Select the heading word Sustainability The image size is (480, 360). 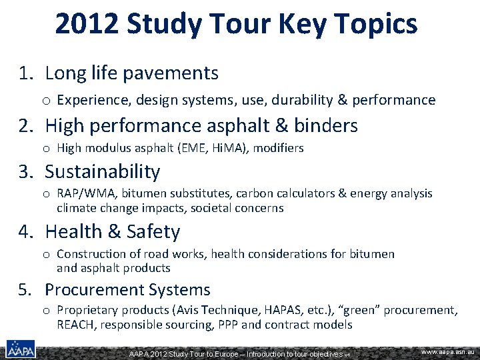[103, 171]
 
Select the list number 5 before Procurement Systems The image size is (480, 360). [23, 290]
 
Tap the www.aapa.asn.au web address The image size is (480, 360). [447, 351]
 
